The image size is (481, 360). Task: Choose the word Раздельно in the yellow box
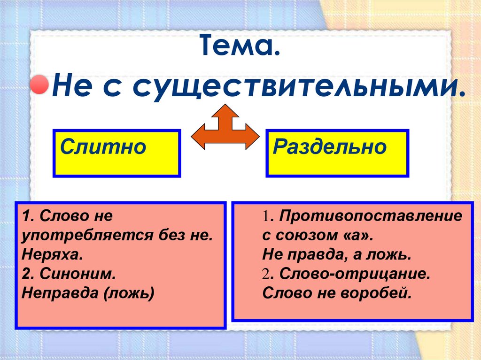pyautogui.click(x=330, y=147)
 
